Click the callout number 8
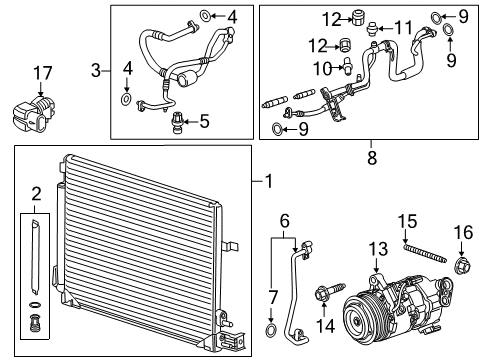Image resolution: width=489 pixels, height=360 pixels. coord(370,158)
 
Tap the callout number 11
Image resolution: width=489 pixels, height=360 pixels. coord(402,27)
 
